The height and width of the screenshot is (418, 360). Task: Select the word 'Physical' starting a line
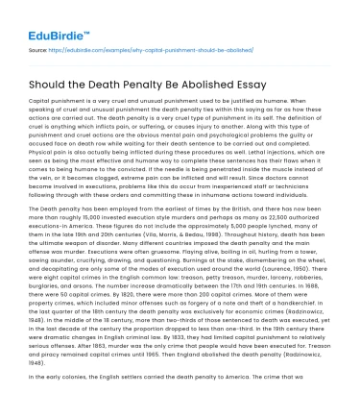[x=42, y=150]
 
